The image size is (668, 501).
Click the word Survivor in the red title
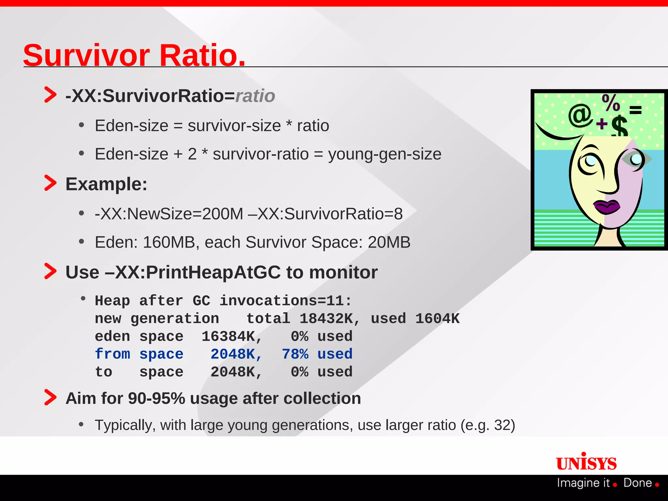coord(86,55)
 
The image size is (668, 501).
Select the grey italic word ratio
coord(255,96)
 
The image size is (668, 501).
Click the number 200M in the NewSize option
coord(222,214)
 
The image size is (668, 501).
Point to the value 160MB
coord(169,242)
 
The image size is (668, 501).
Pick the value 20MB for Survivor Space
coord(389,242)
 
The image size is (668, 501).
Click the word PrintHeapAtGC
coord(213,272)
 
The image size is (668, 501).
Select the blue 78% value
coord(295,354)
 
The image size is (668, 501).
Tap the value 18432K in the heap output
coord(326,319)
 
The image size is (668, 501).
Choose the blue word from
coord(113,354)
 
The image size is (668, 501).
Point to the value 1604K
coord(437,319)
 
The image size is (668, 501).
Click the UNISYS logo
coord(586,463)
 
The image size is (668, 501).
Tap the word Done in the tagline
coord(637,483)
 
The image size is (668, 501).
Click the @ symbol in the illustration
coord(580,115)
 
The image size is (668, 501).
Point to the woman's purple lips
coord(606,206)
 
